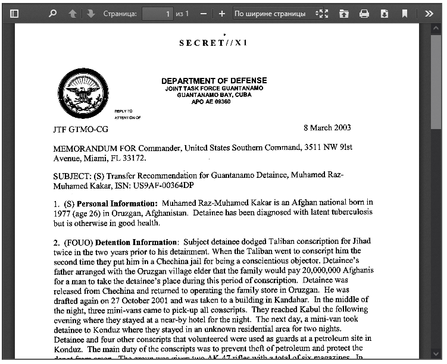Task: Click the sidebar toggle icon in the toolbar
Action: tap(15, 13)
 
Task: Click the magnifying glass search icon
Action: tap(52, 13)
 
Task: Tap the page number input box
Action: tap(158, 13)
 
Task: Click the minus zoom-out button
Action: tap(203, 13)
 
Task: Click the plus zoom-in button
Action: tap(222, 13)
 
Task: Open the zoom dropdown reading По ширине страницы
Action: tap(274, 13)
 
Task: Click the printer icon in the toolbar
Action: tap(364, 13)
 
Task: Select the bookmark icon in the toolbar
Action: tap(405, 13)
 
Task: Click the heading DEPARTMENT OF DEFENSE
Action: tap(214, 81)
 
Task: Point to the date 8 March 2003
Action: tap(327, 127)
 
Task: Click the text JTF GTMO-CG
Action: tap(81, 129)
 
